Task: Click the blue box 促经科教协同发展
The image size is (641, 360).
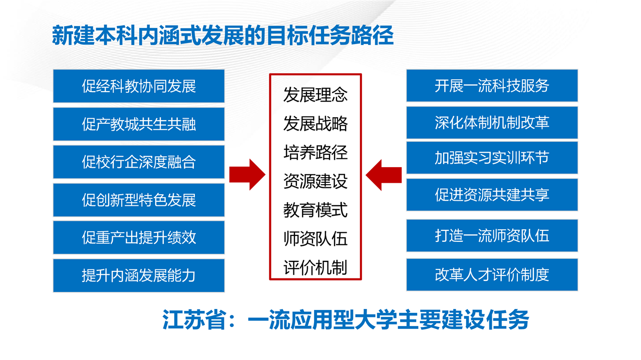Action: click(x=139, y=86)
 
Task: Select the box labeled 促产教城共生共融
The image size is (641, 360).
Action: click(x=139, y=124)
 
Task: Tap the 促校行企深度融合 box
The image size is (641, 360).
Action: click(x=139, y=162)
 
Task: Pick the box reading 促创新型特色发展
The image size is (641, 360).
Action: click(x=139, y=200)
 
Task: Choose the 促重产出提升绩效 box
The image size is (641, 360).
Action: click(x=139, y=237)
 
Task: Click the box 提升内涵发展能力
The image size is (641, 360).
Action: click(x=139, y=275)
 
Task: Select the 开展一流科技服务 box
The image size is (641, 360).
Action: click(x=492, y=85)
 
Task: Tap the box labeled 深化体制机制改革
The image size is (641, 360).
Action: click(x=492, y=123)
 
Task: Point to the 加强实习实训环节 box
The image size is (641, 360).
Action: click(x=492, y=157)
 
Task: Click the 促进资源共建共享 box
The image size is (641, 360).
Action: click(x=492, y=195)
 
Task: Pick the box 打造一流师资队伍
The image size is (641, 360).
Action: click(x=492, y=235)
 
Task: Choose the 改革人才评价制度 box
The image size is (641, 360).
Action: click(x=492, y=275)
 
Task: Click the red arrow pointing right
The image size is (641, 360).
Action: click(x=247, y=175)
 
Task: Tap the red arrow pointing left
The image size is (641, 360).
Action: click(x=384, y=175)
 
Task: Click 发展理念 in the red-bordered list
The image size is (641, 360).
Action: click(x=315, y=95)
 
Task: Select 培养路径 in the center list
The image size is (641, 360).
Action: click(x=315, y=152)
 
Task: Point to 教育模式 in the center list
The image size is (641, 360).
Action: click(x=315, y=210)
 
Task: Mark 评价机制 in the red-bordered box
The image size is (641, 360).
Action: click(x=315, y=267)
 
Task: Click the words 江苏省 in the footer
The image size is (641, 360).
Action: click(x=194, y=319)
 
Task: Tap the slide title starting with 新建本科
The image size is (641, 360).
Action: click(x=223, y=36)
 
